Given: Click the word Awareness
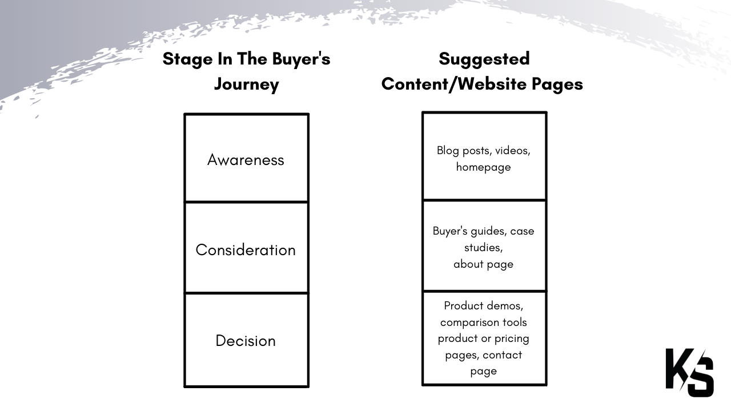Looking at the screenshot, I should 246,160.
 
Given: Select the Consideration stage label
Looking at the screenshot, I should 246,250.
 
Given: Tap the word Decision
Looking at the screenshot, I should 246,341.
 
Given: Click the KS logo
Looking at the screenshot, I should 690,372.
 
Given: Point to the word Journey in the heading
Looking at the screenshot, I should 247,84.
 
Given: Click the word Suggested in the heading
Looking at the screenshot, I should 484,59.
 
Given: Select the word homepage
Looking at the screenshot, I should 483,167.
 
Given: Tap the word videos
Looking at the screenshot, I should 512,151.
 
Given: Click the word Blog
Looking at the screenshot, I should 448,151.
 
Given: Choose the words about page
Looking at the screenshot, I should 483,264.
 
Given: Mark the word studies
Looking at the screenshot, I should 483,248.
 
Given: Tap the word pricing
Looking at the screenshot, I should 512,339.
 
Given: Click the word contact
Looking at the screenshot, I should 502,355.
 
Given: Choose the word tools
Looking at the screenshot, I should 515,323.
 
